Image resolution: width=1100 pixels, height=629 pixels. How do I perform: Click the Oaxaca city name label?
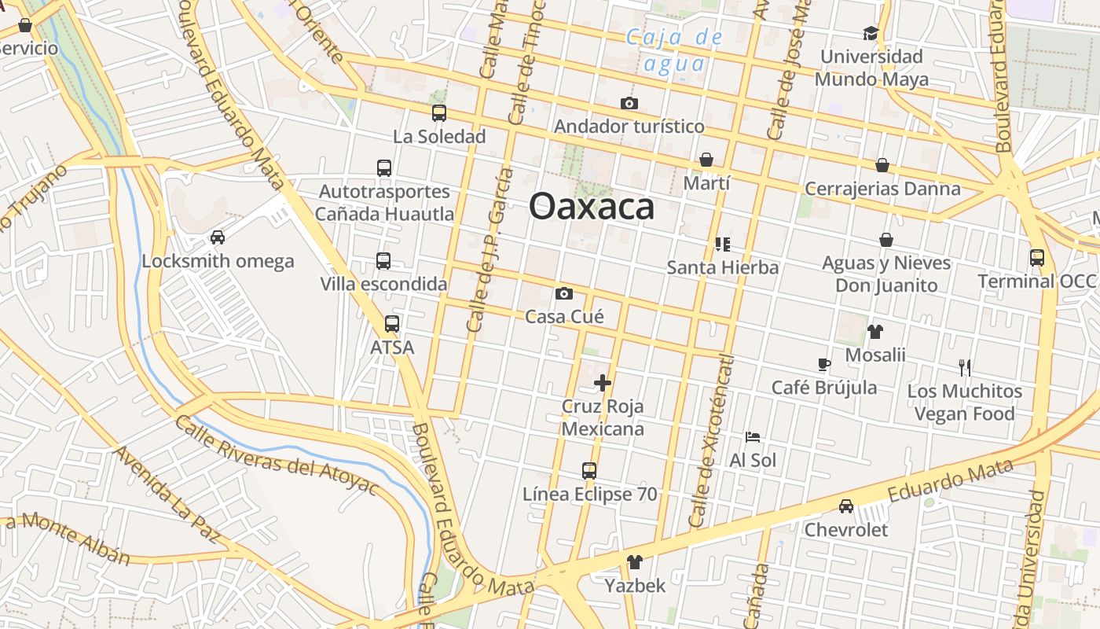pos(592,206)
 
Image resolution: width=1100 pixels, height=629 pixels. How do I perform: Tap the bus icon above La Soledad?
pos(439,113)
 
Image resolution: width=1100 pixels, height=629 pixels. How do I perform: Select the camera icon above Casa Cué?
pos(564,294)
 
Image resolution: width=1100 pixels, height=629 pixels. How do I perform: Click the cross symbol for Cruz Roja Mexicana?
pos(603,383)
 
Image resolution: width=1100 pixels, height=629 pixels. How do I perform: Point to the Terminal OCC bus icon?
pos(1037,257)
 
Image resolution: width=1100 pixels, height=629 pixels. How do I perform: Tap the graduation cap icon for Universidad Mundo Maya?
pos(871,33)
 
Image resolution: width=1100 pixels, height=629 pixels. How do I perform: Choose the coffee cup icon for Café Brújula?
pos(823,364)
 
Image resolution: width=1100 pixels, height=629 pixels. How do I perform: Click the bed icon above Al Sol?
pos(753,437)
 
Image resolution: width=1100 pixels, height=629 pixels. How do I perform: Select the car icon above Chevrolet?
pos(846,506)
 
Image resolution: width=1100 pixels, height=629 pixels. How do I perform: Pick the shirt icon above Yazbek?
pos(635,562)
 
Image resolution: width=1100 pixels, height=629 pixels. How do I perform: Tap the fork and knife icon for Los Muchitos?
pos(965,367)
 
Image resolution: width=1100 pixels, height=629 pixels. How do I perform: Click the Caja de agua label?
pos(675,50)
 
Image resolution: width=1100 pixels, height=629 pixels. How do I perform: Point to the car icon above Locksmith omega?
pos(218,237)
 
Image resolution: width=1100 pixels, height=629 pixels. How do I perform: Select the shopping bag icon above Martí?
pos(706,160)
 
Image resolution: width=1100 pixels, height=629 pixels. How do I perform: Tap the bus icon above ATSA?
pos(392,323)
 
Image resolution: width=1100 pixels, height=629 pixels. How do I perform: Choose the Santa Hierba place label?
pos(723,267)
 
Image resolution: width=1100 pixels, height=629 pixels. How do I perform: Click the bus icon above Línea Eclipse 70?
pos(589,471)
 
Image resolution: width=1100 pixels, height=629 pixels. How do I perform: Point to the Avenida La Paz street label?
pos(167,495)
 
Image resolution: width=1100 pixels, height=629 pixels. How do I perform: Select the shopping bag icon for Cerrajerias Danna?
pos(882,165)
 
